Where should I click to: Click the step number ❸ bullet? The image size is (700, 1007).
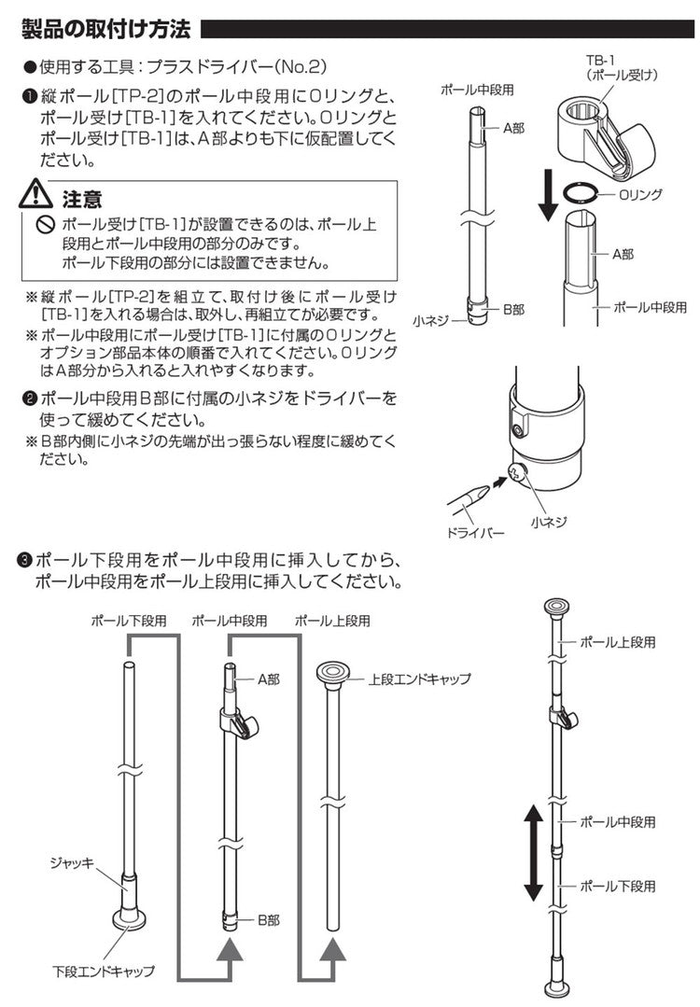click(x=25, y=561)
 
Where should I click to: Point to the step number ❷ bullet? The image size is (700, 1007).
click(x=29, y=399)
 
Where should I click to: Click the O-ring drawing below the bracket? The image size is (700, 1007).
click(x=583, y=193)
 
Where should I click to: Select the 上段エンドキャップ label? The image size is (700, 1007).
click(x=419, y=678)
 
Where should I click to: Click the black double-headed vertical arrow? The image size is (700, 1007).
click(x=532, y=853)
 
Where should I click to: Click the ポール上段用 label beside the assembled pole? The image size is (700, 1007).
click(x=617, y=643)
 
